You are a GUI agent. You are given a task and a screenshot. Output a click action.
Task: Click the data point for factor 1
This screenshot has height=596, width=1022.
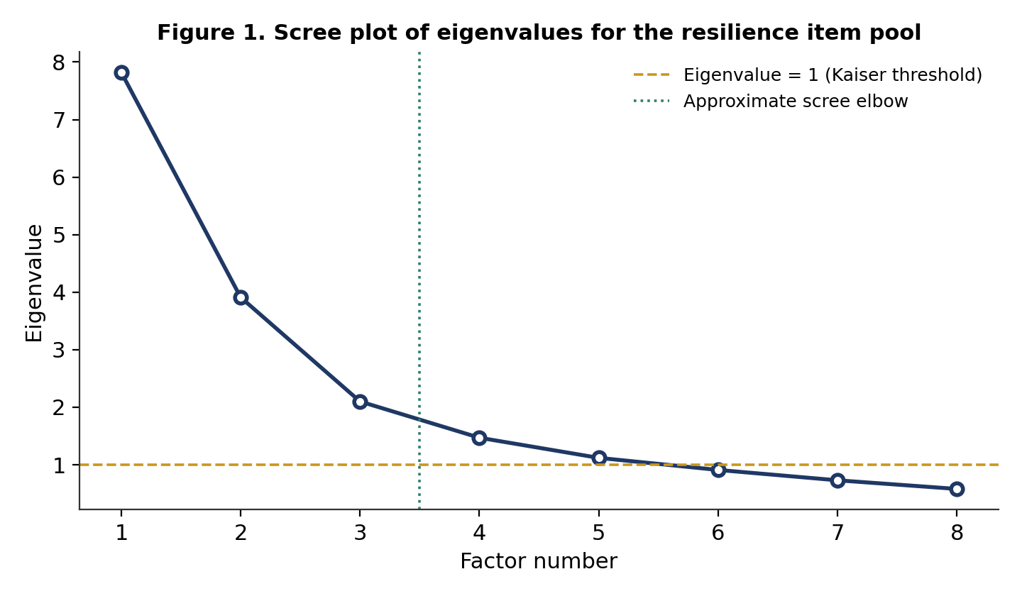pos(121,72)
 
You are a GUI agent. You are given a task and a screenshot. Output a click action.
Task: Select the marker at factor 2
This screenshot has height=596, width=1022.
pos(241,298)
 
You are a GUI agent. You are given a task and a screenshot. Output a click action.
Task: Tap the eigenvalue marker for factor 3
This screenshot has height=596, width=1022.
pos(360,402)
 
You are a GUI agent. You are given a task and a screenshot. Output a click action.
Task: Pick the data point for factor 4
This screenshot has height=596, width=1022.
pos(479,438)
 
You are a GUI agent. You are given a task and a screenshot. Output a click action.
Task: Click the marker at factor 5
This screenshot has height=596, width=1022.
pos(599,458)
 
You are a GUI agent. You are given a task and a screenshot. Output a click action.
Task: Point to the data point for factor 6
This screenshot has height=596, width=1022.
pos(718,470)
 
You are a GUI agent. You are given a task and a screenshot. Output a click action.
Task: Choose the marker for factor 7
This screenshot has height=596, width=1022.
pos(837,480)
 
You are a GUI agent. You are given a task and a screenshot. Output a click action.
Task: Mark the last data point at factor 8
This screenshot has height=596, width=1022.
pos(957,490)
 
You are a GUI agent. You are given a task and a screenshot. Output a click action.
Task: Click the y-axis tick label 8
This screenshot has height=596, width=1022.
pos(59,62)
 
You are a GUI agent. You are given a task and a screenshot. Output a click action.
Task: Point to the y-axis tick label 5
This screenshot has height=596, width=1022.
pos(59,236)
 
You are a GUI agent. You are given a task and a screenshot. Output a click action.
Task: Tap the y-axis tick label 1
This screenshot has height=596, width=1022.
pos(59,465)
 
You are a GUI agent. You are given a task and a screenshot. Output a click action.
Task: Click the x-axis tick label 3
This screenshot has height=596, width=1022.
pos(360,533)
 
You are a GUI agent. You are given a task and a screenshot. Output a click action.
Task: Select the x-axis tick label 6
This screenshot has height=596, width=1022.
pos(718,533)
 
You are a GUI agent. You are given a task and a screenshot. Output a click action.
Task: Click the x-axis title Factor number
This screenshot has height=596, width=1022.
pos(539,561)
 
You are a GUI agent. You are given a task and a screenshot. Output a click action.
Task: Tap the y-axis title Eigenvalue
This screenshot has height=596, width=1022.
pos(34,283)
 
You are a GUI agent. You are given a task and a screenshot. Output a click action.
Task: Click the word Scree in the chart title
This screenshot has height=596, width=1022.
pos(307,33)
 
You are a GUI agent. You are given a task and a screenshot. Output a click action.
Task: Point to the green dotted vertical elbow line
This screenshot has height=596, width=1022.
pos(419,280)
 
